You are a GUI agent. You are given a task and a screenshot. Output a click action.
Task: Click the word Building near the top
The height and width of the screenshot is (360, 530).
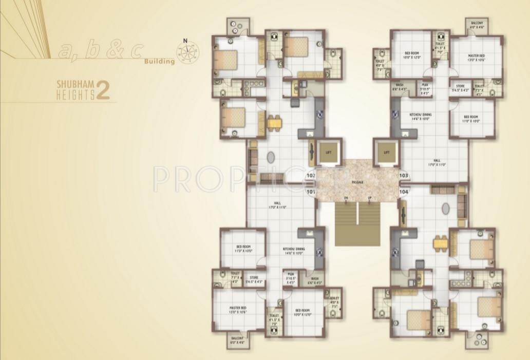(x=159, y=62)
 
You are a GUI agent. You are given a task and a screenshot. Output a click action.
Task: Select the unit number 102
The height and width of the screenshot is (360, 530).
(x=310, y=176)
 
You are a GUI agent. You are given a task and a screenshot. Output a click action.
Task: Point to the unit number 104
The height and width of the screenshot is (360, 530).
(x=404, y=192)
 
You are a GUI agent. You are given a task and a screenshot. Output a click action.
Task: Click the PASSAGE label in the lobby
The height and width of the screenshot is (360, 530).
(x=357, y=183)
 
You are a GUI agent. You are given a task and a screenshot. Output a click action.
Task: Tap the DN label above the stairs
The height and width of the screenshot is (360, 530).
(x=346, y=198)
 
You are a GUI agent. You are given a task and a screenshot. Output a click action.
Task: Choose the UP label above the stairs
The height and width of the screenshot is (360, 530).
(x=370, y=198)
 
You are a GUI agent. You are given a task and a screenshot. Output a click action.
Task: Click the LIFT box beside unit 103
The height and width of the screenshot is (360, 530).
(x=387, y=152)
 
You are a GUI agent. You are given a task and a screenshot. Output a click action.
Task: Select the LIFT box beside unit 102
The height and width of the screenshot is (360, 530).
(x=329, y=152)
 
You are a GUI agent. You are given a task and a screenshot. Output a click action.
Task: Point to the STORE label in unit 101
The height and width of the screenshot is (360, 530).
(x=254, y=279)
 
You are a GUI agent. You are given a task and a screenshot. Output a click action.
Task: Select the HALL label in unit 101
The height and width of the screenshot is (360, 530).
(x=277, y=205)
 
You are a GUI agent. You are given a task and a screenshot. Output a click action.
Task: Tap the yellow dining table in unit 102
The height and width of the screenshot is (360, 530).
(x=274, y=123)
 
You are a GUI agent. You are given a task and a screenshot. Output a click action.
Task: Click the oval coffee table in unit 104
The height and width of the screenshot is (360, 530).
(x=445, y=209)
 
